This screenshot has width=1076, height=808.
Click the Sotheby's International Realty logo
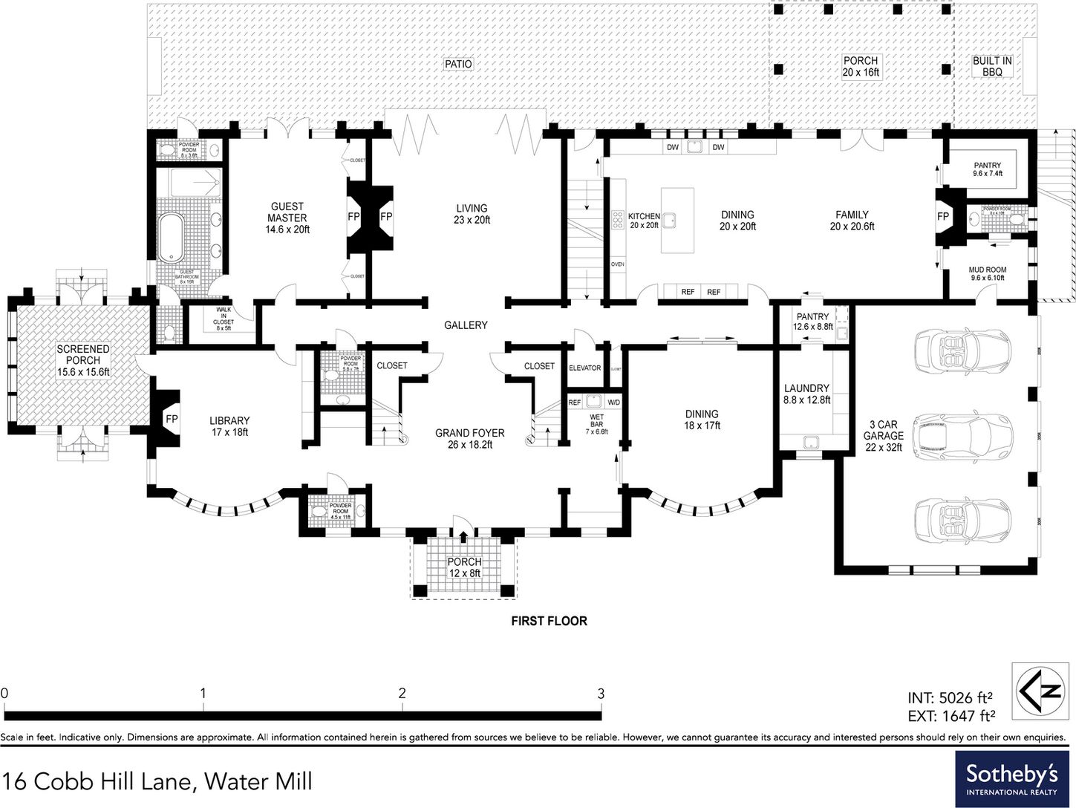pos(1012,779)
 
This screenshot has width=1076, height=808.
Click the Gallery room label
pos(466,325)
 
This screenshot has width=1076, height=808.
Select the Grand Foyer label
pos(469,439)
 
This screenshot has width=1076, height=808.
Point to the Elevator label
pos(584,368)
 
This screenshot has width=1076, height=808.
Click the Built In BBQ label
pos(992,66)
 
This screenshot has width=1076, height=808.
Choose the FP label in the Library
pos(172,420)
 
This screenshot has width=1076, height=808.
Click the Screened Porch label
pos(83,360)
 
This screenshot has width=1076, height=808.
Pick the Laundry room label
pos(806,394)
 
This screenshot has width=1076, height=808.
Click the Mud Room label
pos(988,274)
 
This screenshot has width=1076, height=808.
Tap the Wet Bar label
pos(597,423)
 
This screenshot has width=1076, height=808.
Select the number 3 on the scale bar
pos(601,694)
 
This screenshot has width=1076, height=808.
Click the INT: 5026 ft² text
pos(950,698)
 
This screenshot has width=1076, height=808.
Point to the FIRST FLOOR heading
pos(549,621)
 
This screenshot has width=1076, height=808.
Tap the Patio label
pos(458,64)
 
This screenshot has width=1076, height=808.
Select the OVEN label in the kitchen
pos(617,264)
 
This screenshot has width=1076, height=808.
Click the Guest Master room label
pos(287,218)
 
